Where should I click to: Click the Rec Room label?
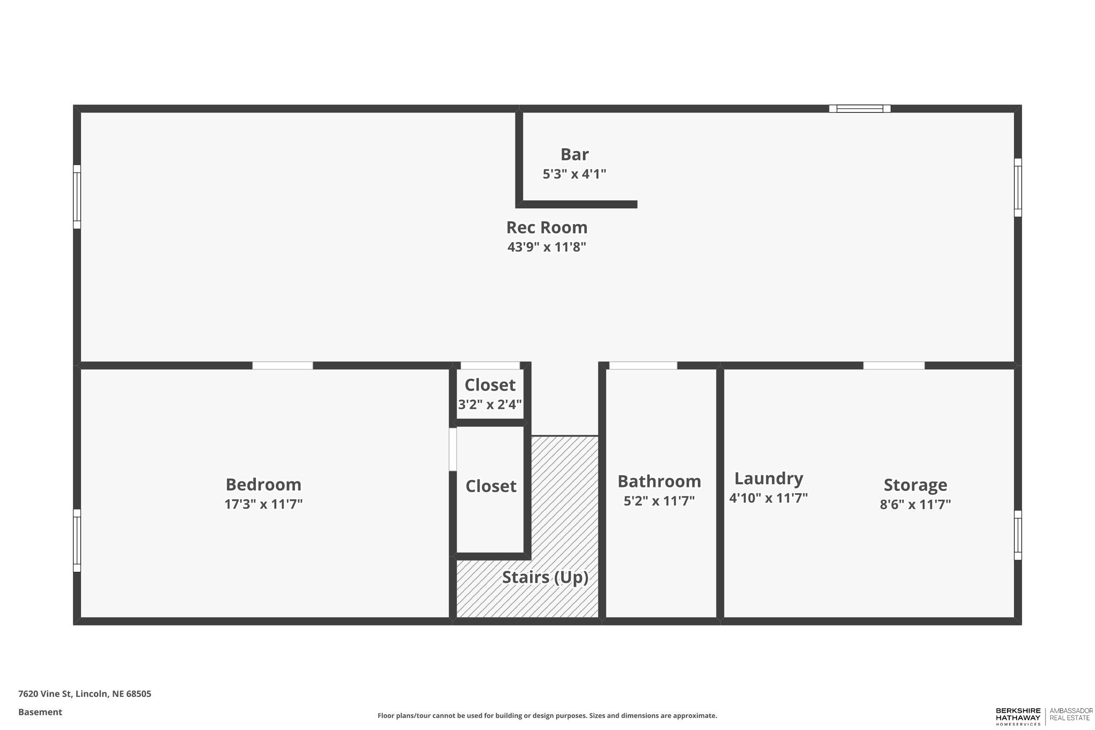point(547,228)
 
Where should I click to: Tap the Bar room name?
point(574,155)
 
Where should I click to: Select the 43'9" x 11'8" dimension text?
point(547,247)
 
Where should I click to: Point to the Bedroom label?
point(264,485)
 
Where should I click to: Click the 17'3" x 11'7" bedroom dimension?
point(264,504)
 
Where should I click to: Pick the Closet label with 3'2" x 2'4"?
point(490,385)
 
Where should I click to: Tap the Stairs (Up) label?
point(545,577)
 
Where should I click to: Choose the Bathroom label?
point(659,481)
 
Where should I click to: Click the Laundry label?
point(769,479)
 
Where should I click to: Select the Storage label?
point(915,485)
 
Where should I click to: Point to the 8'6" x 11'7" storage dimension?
point(915,504)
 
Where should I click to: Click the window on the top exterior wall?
point(859,109)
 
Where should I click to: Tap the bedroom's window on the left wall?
point(77,540)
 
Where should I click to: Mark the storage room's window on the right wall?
point(1018,535)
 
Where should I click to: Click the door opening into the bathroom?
point(643,366)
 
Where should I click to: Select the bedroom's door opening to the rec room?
point(283,366)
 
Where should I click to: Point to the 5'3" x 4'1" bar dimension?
point(574,174)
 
